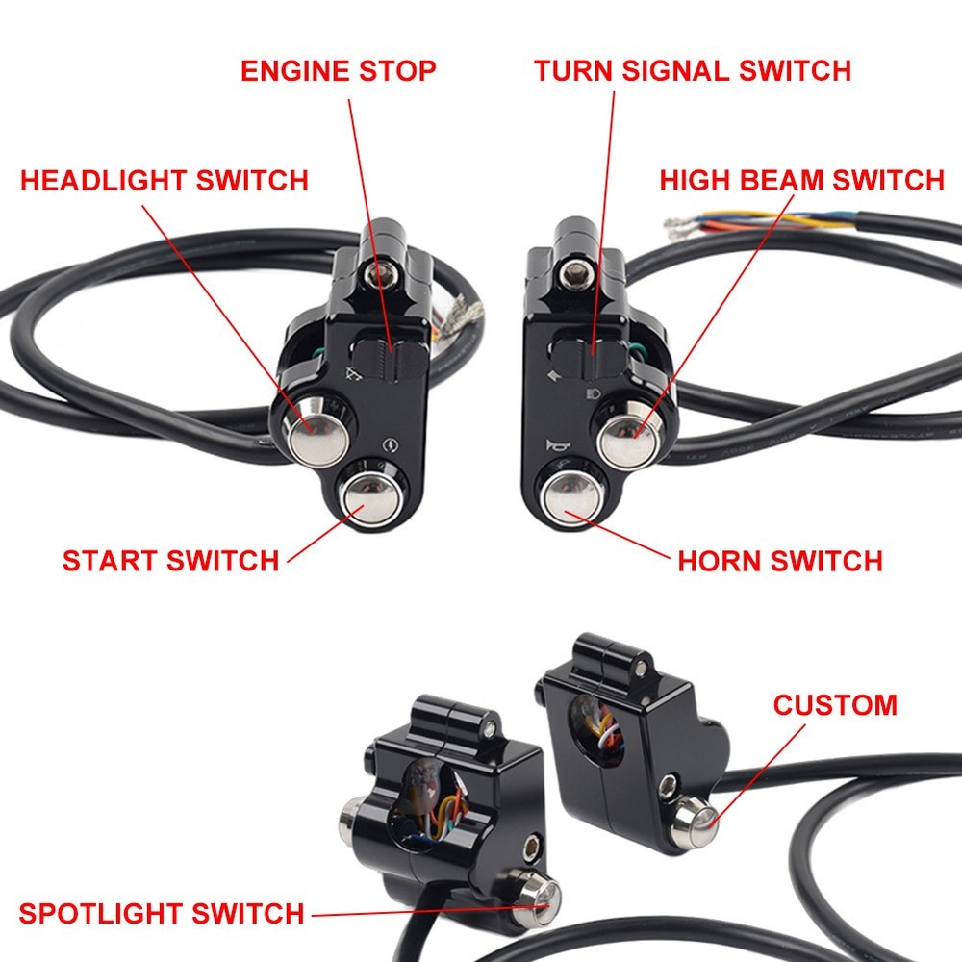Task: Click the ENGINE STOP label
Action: coord(338,71)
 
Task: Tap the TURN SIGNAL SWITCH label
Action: coord(693,71)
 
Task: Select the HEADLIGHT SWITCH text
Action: coord(165,180)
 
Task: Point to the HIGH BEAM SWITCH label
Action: coord(801,180)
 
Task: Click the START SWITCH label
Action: coord(170,561)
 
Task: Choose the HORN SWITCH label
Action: coord(780,561)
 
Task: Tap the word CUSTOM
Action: coord(835,705)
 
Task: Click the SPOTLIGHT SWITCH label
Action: coord(162,912)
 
